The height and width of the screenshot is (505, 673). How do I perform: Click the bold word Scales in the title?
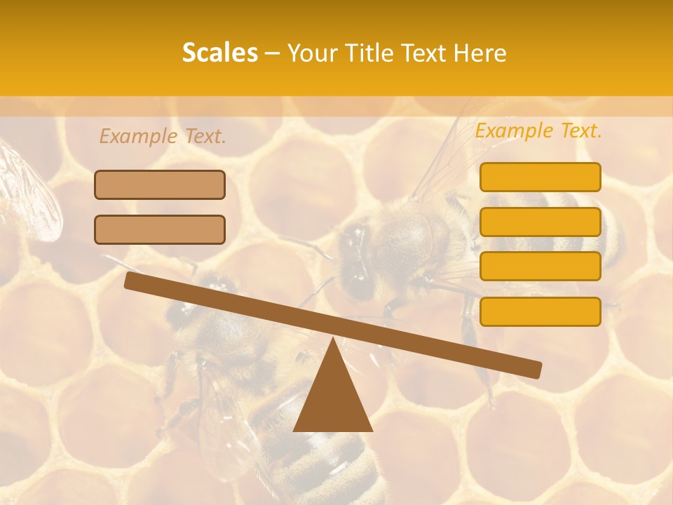[x=219, y=53]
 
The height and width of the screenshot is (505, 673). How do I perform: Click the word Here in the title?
[x=480, y=53]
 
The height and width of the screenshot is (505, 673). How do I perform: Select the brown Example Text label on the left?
[x=163, y=137]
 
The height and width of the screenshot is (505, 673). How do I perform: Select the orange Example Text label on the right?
[x=538, y=131]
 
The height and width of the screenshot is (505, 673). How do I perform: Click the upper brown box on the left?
[x=160, y=184]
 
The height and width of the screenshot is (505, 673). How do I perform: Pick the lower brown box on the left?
[x=160, y=229]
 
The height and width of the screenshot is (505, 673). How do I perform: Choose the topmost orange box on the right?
[x=540, y=177]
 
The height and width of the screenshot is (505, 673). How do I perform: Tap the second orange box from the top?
[x=540, y=222]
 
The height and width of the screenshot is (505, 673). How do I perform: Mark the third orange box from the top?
[x=540, y=266]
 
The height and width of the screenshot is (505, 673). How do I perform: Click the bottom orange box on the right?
[x=540, y=311]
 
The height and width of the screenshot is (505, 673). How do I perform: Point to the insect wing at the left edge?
[x=28, y=189]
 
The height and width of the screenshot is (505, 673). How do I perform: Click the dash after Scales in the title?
[x=272, y=53]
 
